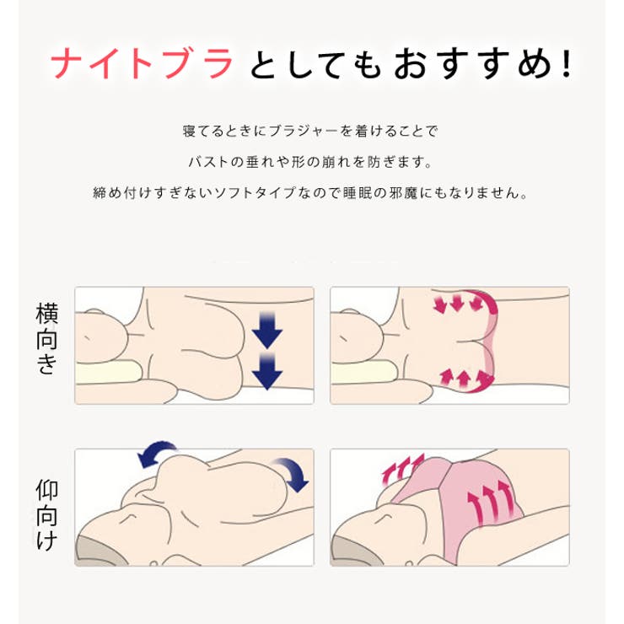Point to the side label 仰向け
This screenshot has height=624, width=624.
(47, 515)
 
